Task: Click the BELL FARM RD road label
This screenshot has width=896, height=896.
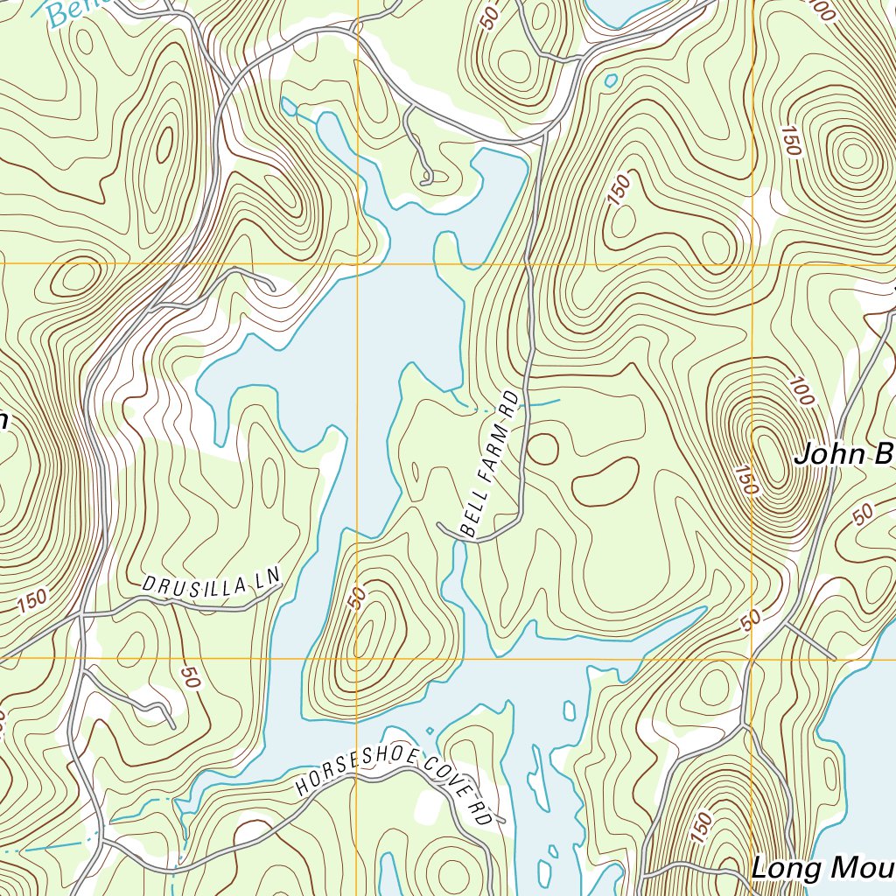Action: click(490, 464)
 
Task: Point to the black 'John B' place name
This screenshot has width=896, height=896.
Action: click(844, 455)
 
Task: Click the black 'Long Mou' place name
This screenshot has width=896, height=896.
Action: click(822, 868)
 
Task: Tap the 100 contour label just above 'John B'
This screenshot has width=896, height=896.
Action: click(801, 391)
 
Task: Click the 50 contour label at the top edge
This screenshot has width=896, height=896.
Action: click(491, 16)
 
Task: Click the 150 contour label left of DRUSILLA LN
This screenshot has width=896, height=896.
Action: click(32, 602)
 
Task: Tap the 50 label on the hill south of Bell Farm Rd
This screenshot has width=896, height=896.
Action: click(356, 598)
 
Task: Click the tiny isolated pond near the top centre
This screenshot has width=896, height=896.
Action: click(610, 80)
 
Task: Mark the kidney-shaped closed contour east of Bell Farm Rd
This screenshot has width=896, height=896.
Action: click(605, 481)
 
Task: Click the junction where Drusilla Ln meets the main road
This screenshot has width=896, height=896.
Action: click(80, 615)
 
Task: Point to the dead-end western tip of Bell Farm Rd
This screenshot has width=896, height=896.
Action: click(440, 525)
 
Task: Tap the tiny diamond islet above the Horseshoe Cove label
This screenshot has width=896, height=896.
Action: click(429, 731)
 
